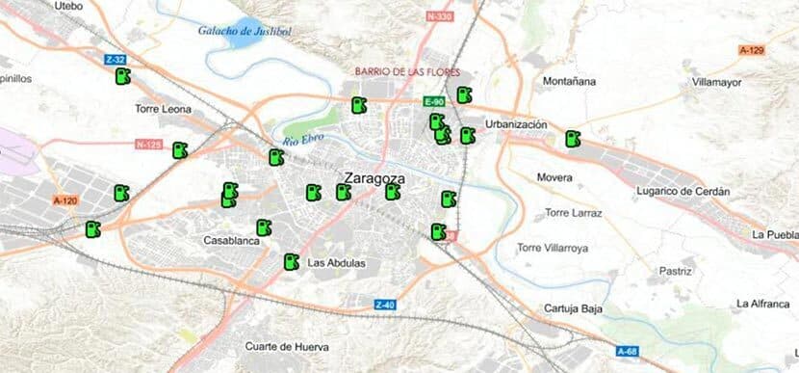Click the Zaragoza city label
pos(374,178)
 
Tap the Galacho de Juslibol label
pos(244,30)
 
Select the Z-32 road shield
pos(115,60)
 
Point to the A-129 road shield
pos(752,49)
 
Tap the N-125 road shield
pos(149,145)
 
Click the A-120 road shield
pos(64,200)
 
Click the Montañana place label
pos(570,81)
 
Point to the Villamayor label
pos(716,83)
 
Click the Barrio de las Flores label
pos(408,72)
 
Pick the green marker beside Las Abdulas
pos(290,261)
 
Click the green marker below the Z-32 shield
pos(121,77)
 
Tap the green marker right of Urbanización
pos(573,139)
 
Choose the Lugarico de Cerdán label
pos(683,192)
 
